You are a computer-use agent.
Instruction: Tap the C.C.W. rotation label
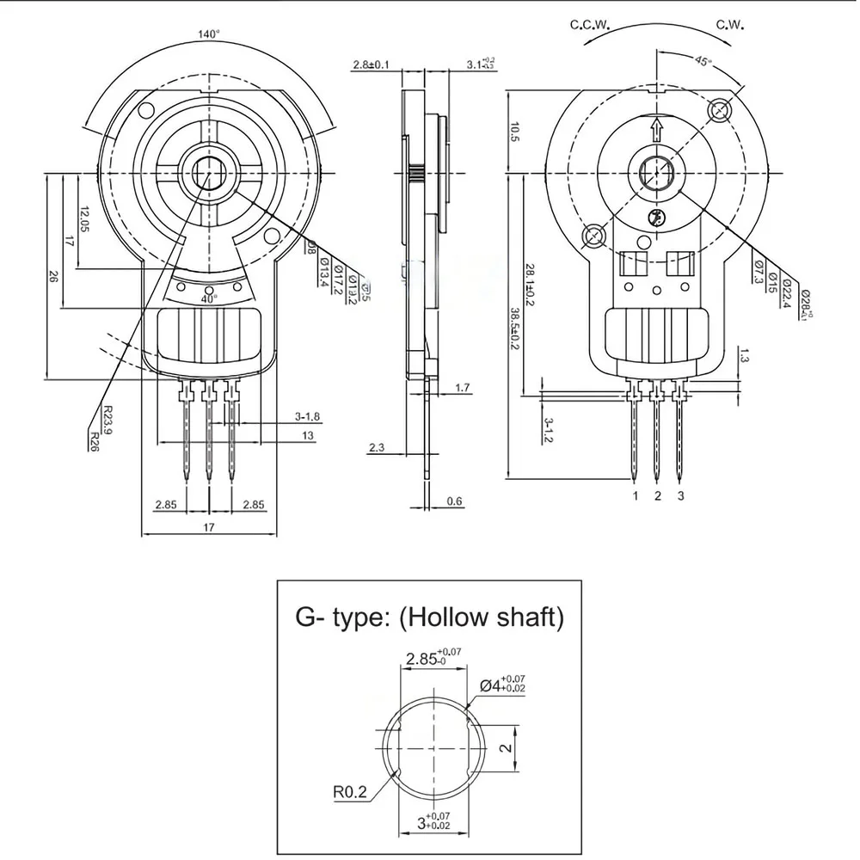click(589, 25)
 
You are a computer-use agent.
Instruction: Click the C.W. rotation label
click(734, 25)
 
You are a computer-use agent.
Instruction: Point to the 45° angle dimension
click(703, 61)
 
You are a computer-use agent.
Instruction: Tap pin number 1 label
click(635, 496)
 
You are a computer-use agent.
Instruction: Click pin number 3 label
click(681, 496)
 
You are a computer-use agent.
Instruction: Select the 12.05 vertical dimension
click(83, 221)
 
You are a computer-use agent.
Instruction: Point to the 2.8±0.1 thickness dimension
click(372, 64)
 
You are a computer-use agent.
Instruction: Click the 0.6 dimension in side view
click(454, 501)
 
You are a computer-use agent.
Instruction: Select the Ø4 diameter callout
click(502, 685)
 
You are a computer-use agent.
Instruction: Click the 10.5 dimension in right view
click(514, 132)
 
